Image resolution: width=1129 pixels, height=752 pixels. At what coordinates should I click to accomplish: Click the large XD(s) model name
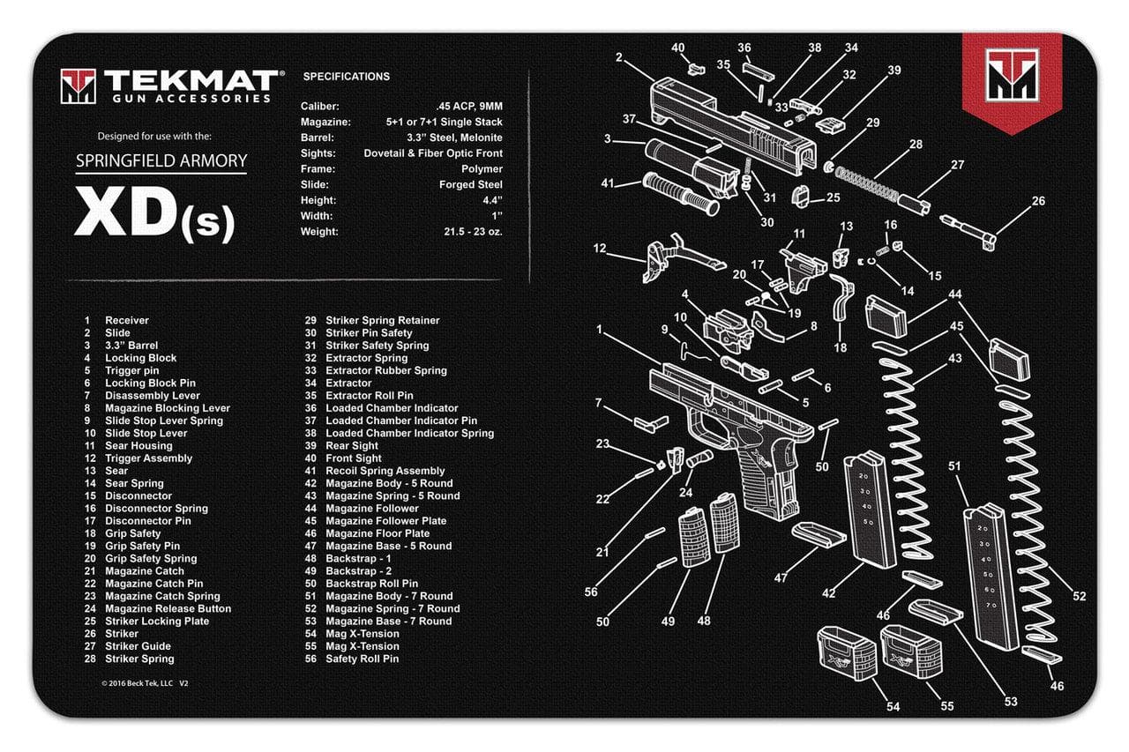point(155,212)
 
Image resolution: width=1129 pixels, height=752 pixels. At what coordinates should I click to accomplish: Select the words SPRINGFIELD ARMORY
point(161,160)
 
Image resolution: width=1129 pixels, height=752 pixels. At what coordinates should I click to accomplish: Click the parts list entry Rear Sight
point(352,446)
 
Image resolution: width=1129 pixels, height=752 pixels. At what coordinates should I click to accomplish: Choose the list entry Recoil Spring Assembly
point(385,471)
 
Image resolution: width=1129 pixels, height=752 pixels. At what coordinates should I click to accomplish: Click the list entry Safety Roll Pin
point(362,659)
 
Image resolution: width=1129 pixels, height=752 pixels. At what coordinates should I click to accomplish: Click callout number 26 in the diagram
point(1038,201)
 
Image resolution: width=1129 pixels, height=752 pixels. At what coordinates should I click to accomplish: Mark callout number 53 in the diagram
point(1010,702)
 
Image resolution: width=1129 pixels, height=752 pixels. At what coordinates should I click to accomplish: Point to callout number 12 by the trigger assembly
point(600,249)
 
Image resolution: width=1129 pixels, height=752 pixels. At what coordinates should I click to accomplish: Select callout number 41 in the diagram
point(607,183)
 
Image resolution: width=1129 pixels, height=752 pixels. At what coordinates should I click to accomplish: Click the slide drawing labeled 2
point(723,119)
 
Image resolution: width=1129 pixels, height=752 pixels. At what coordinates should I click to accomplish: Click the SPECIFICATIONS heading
point(347,77)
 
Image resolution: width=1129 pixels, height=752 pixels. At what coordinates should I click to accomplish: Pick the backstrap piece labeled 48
point(726,525)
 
